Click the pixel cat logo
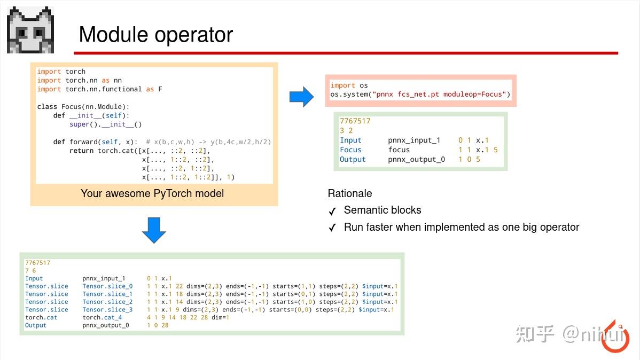click(x=30, y=30)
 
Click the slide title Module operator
click(x=155, y=35)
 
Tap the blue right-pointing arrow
click(x=301, y=97)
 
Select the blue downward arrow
click(x=154, y=230)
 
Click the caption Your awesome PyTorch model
click(x=152, y=193)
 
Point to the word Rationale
click(x=350, y=193)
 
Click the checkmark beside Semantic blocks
click(x=332, y=211)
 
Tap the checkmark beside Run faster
click(x=332, y=228)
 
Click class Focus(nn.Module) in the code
click(x=83, y=107)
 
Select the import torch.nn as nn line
click(x=79, y=80)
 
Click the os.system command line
click(x=420, y=95)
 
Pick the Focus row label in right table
click(x=350, y=150)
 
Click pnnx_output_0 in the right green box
click(x=416, y=160)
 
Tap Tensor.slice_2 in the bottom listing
click(x=107, y=302)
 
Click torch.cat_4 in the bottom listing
click(x=102, y=317)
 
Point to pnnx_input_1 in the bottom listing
click(x=104, y=278)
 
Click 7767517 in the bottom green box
click(x=37, y=263)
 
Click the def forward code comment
click(x=208, y=142)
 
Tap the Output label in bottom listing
click(x=36, y=325)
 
